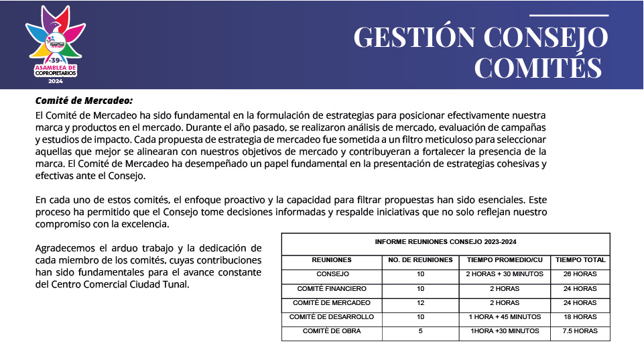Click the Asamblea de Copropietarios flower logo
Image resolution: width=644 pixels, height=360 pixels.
56,41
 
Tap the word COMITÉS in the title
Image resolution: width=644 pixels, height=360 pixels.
539,68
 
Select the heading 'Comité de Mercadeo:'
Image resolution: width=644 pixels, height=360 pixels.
84,101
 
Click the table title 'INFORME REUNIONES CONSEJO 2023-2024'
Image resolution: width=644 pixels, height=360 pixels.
446,242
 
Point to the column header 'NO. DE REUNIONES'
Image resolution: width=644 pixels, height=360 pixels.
420,260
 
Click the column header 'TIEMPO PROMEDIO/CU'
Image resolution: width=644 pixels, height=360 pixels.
505,260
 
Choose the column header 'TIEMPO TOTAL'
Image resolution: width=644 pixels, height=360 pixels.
580,260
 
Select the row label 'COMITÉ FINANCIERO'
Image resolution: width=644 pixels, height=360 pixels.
332,289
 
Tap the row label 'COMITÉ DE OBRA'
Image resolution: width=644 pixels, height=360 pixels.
332,331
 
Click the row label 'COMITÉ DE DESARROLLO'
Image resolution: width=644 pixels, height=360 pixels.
332,317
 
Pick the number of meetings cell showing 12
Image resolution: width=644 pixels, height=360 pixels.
420,303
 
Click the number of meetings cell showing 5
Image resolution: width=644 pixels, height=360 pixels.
420,331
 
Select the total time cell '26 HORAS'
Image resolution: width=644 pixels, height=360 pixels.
580,275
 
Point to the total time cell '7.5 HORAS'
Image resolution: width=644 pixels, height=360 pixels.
580,331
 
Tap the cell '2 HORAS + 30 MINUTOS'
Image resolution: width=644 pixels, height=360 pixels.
505,275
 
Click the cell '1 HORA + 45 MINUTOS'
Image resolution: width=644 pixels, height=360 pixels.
505,317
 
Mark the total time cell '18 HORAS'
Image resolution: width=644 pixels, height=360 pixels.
580,317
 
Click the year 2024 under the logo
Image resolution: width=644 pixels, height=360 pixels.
55,80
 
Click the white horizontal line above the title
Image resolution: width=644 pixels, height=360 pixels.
568,15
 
